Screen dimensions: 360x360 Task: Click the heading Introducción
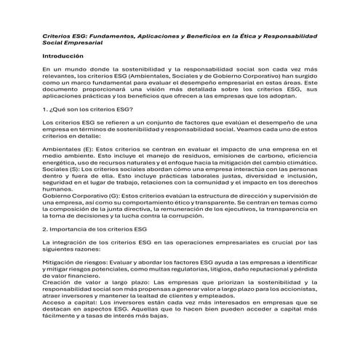pos(64,55)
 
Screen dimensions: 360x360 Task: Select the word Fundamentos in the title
pos(111,35)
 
